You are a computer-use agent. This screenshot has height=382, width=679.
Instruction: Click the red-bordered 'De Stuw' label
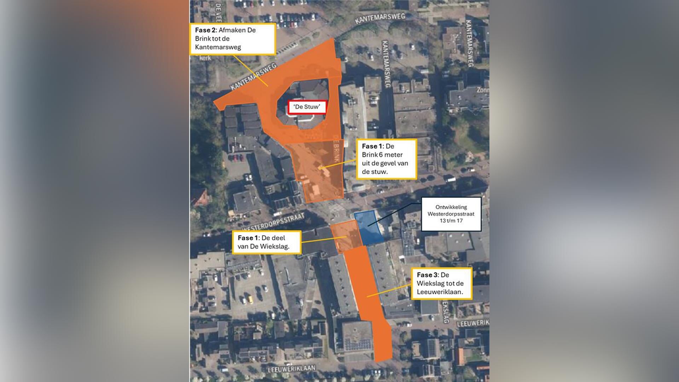pos(307,107)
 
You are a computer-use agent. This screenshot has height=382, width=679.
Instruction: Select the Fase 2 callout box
pos(233,39)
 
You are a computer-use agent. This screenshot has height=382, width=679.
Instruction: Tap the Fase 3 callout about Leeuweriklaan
pos(441,284)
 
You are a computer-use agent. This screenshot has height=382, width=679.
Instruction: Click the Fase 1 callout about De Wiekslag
pos(267,242)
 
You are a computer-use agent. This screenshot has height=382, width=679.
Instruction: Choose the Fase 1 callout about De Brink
pos(386,159)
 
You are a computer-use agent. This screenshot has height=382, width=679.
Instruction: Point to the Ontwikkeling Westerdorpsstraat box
pos(451,214)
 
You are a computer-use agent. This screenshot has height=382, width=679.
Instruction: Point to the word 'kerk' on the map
pos(205,58)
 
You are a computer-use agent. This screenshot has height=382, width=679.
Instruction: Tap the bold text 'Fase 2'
pos(205,30)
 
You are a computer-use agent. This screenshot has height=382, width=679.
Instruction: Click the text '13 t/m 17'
pos(451,221)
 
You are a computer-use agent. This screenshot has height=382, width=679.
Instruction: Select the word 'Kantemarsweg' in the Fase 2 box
pos(218,47)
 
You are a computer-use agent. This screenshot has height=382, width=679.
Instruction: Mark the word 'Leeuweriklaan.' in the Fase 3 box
pos(440,292)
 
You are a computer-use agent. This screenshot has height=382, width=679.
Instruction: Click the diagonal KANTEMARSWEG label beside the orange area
pos(253,76)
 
